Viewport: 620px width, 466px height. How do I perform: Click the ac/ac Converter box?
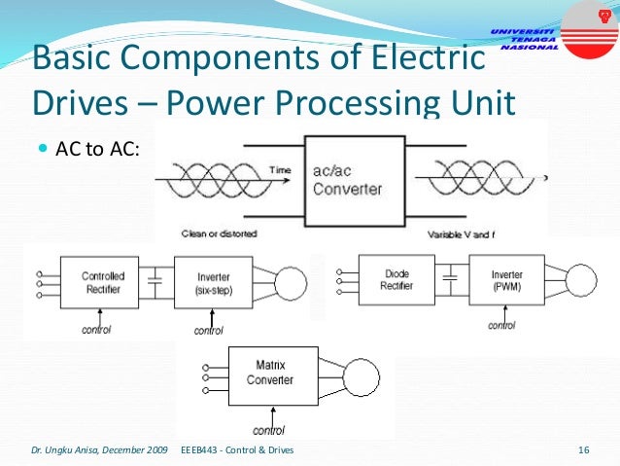click(347, 180)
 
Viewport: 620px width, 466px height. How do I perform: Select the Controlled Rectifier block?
click(102, 282)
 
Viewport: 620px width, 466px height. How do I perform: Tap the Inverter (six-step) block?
click(214, 282)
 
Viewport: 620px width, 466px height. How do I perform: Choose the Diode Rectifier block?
click(397, 279)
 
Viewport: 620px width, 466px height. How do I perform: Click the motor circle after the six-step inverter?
click(290, 282)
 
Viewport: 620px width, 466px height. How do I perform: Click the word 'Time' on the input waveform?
click(280, 170)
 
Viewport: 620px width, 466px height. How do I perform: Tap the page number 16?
click(584, 449)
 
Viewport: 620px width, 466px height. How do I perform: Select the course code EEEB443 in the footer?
click(199, 449)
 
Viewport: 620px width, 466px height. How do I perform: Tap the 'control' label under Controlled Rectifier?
click(95, 330)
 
